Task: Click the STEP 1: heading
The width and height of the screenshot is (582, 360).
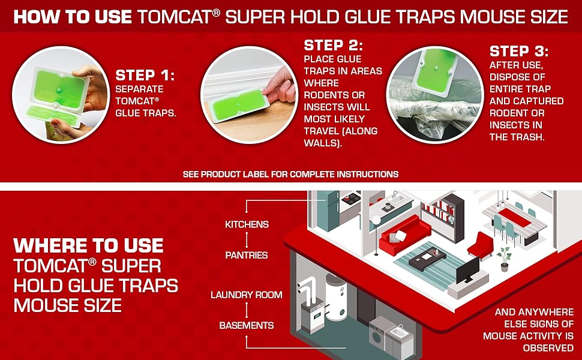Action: coord(144,76)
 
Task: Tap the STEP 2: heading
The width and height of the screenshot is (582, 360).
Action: coord(334,45)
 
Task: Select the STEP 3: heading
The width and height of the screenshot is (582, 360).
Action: coord(519,51)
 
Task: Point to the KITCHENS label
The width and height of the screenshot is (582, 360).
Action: coord(247,224)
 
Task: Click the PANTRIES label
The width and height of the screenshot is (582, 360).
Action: coord(247,255)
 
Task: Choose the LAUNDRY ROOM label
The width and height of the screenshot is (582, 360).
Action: coord(247,295)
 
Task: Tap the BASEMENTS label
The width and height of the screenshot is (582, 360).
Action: coord(247,325)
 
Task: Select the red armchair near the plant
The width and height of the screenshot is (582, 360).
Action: coord(480,246)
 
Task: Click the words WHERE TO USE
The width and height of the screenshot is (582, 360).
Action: coord(88,245)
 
